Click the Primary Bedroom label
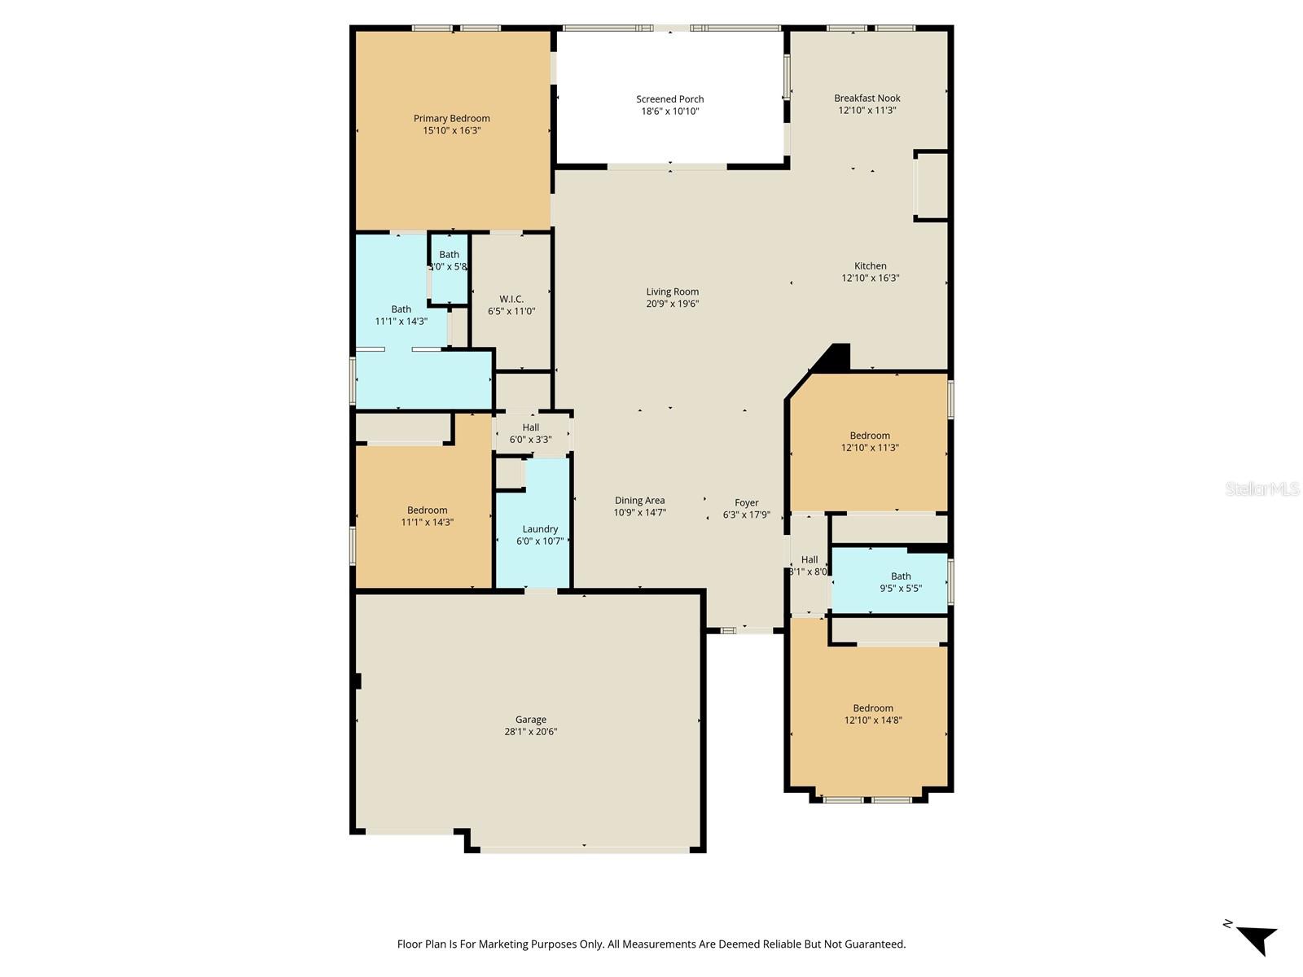[451, 118]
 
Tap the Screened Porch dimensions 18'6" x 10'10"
[669, 112]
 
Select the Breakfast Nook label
[866, 98]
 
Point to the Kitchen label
[870, 265]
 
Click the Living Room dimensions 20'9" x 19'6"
[672, 304]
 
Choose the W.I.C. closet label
[511, 299]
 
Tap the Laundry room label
[540, 528]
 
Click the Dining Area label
[639, 501]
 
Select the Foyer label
[746, 502]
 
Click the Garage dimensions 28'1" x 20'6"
[530, 732]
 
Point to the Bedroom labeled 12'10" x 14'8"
[873, 708]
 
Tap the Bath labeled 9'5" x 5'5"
[901, 576]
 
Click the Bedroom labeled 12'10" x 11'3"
[870, 436]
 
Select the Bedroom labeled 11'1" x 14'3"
[427, 510]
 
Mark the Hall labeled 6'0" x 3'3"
[530, 427]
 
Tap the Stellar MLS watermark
[1262, 488]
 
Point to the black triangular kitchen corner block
[836, 357]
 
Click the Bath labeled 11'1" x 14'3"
[401, 309]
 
